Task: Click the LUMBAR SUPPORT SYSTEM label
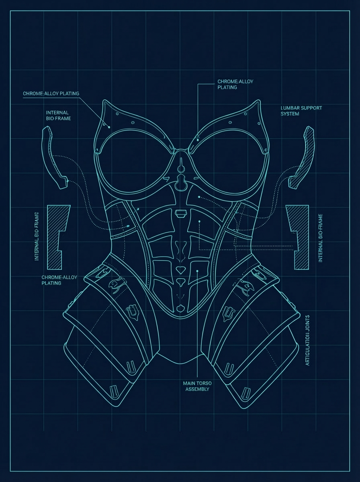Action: pos(301,111)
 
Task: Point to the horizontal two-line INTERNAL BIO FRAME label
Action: pos(57,115)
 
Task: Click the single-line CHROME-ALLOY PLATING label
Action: pos(51,94)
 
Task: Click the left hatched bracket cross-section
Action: pos(56,237)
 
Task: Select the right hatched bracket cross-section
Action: pos(299,237)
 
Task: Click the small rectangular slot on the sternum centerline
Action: pos(180,212)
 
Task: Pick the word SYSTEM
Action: pos(290,114)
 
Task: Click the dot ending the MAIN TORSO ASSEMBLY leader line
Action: pos(197,271)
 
